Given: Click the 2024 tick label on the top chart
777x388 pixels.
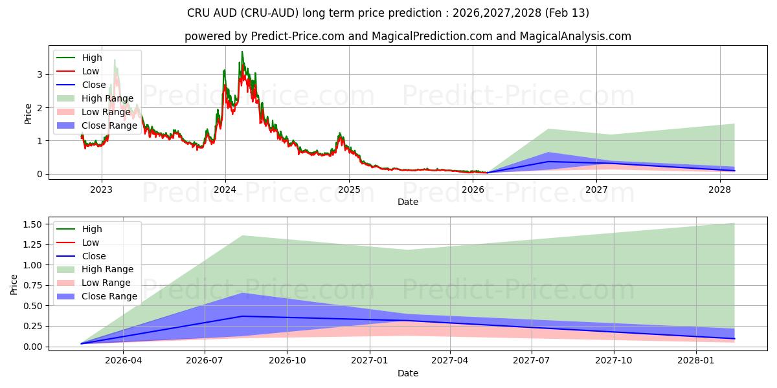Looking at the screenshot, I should [225, 189].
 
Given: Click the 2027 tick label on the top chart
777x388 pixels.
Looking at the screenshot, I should [596, 189].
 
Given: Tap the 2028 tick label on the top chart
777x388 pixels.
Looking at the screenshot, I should [720, 189].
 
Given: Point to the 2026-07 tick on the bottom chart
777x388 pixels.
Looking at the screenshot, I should [205, 361].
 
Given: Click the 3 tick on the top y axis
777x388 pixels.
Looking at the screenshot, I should [40, 74].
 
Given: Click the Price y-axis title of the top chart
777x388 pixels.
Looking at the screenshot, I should [28, 114].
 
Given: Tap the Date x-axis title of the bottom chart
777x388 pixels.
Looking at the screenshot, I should [408, 373].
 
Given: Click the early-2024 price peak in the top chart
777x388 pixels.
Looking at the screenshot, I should [242, 52].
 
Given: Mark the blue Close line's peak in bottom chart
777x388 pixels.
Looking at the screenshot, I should [242, 316].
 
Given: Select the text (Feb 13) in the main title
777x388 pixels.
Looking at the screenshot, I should [568, 13].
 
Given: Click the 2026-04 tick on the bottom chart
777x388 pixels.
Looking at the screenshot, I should [123, 361].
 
